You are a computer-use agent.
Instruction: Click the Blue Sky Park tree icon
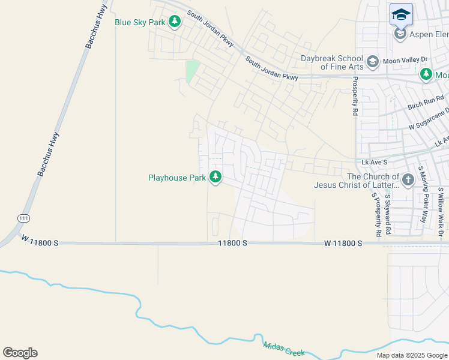click(175, 23)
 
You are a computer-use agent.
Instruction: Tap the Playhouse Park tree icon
click(215, 178)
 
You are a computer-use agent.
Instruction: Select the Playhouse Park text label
click(177, 178)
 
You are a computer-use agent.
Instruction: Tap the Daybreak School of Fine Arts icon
click(372, 62)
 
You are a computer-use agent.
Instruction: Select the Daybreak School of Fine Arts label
click(332, 62)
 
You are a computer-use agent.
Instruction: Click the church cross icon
click(408, 180)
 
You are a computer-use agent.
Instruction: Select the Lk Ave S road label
click(374, 162)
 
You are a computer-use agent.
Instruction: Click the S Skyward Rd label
click(388, 214)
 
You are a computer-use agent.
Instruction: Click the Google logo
click(20, 353)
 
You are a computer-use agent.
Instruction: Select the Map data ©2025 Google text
click(411, 355)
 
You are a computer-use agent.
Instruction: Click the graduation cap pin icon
click(401, 14)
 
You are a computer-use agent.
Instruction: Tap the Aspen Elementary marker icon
click(400, 34)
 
